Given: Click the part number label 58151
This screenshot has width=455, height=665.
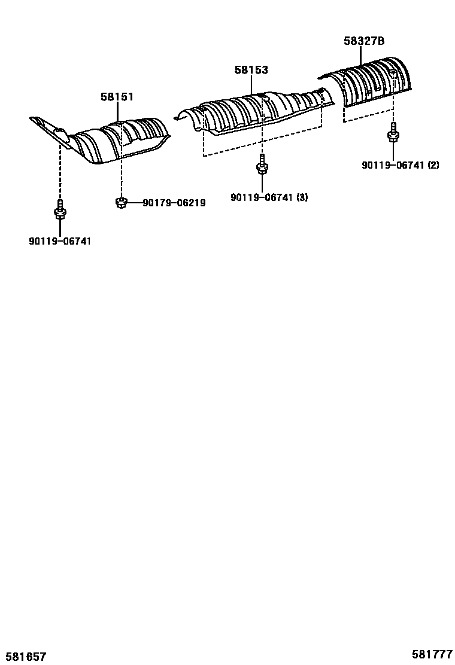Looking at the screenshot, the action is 117,96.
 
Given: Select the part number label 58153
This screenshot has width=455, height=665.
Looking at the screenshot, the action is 251,70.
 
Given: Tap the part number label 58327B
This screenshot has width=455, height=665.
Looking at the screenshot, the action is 363,41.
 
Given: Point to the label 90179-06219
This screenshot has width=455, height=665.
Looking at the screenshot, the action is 174,203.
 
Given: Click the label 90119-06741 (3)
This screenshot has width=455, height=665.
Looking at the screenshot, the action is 269,197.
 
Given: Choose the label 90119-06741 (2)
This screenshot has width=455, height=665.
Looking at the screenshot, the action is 400,165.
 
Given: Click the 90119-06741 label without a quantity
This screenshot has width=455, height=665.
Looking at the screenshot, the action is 60,241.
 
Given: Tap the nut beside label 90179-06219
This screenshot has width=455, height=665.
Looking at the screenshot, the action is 120,203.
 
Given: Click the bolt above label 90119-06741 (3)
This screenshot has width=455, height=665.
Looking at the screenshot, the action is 262,165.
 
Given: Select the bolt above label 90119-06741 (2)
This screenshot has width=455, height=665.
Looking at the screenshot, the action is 393,133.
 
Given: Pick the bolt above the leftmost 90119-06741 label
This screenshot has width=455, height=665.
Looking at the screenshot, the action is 60,209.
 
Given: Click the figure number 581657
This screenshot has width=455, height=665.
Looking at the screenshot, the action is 24,657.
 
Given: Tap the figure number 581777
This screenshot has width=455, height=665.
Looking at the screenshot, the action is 432,654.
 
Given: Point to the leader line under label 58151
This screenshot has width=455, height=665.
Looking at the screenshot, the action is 117,112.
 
